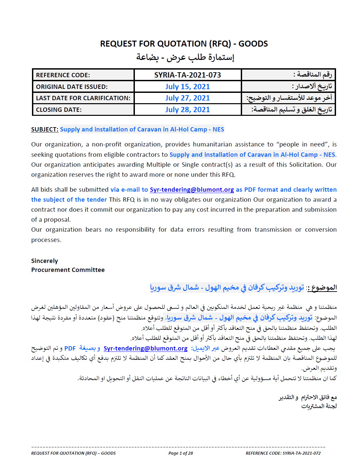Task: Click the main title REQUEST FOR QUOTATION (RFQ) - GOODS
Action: [184, 44]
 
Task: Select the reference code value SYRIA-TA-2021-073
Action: [187, 75]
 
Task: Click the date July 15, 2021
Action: [187, 87]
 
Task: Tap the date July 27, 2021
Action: [187, 98]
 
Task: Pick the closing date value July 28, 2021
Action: [187, 110]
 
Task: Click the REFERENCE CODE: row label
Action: [63, 75]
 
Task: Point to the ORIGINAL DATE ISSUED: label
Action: [72, 87]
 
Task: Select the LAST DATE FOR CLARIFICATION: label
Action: [83, 98]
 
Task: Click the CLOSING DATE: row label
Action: [59, 110]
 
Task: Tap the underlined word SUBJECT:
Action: [45, 129]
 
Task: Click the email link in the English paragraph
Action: [192, 190]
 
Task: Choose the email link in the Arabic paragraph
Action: [146, 348]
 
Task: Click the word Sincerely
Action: [45, 261]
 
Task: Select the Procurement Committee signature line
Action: [68, 270]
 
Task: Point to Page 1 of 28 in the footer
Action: [180, 453]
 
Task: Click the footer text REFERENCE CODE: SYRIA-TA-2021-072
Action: [283, 453]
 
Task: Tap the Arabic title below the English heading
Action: [185, 57]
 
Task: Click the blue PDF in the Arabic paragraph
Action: [70, 348]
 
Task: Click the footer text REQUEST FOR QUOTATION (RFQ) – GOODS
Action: [73, 453]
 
